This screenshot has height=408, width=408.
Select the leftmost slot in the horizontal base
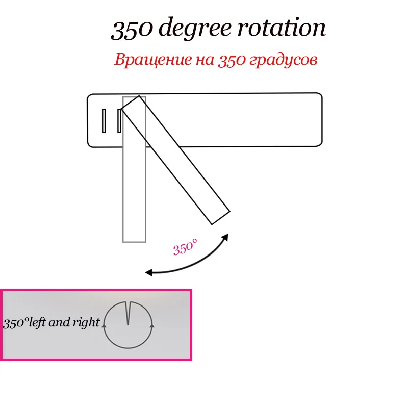coord(104,121)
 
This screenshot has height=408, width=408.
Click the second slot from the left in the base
coord(119,121)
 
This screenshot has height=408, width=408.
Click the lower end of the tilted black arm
coord(219,217)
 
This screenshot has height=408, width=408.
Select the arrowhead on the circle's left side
coord(105,323)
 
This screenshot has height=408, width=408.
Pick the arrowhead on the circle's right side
coord(151,324)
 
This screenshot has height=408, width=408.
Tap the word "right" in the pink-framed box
coord(88,323)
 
